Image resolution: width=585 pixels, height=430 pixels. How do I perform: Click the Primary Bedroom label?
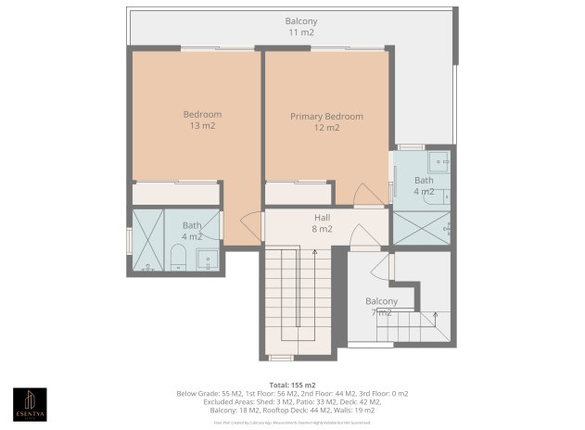coord(326,117)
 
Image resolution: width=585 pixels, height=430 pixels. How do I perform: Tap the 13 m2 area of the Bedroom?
coord(202,125)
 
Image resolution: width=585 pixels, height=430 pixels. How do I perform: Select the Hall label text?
coord(322,216)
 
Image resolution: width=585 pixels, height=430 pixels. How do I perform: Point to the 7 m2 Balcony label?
coord(381,301)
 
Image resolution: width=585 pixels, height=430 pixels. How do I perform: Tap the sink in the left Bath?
coord(209,260)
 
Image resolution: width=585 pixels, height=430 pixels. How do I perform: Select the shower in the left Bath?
coord(148,241)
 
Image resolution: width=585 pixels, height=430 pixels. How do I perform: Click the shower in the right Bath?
coord(422,227)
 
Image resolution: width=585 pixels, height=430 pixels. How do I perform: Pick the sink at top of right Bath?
coord(438,160)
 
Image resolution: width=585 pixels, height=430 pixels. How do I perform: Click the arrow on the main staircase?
coord(314,251)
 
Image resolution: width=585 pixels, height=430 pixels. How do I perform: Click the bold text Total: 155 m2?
coord(292,384)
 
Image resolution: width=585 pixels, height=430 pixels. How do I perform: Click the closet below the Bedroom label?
coord(176,193)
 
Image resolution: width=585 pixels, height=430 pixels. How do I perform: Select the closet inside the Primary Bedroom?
coord(299,194)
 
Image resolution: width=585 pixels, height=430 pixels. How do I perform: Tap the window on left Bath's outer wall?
coord(129,239)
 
